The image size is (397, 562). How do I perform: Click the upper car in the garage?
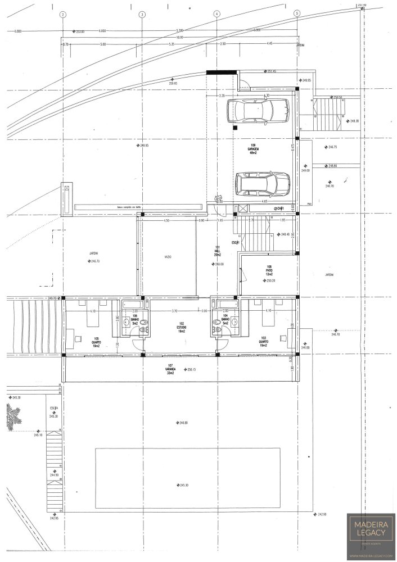pos(258,110)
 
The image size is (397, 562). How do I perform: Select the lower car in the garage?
pos(263,184)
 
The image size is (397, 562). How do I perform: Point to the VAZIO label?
pos(168,257)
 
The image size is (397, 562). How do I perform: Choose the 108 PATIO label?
pos(269,270)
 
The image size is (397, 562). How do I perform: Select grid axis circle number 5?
pos(297,14)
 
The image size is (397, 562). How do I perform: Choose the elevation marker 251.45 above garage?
pos(271,71)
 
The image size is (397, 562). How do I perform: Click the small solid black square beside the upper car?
pos(234,128)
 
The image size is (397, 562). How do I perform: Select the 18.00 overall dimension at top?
pos(179,37)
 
